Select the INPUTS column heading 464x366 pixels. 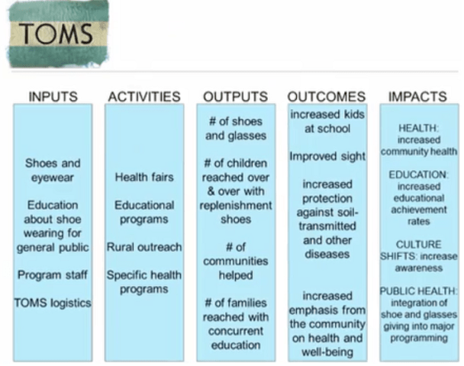pos(53,97)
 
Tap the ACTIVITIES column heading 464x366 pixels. pos(144,97)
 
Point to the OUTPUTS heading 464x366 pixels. pos(235,97)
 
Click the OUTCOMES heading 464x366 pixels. pos(327,97)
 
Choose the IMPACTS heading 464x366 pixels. pos(417,97)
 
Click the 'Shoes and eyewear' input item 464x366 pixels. pos(53,170)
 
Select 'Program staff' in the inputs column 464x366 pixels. pos(53,274)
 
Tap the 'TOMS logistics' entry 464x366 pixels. pos(53,303)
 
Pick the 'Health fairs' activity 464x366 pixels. pos(144,177)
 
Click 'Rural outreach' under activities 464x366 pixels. pos(144,247)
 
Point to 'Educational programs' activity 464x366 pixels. pos(144,212)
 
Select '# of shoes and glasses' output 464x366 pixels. pos(235,128)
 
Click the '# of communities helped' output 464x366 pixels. pos(235,261)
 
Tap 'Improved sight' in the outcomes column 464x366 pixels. pos(327,156)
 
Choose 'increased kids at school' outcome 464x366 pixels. pos(327,121)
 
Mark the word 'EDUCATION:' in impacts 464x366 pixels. pos(417,175)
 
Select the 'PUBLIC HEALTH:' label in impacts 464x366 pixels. pos(417,291)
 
